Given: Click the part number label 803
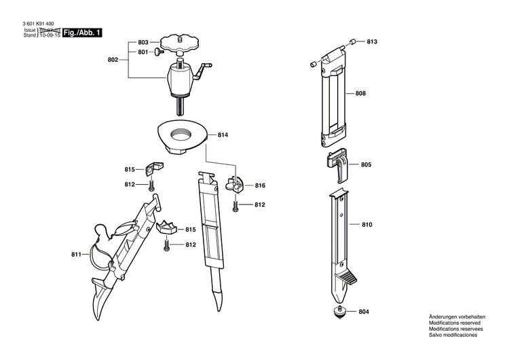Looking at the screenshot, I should [x=143, y=42].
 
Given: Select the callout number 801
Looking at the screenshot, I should [x=143, y=52].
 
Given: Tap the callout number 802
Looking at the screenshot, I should [x=113, y=60].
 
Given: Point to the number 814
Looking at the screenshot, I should [x=223, y=135].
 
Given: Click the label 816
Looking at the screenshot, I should [x=260, y=185].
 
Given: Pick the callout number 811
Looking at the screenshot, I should [x=76, y=255].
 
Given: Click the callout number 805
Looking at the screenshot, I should [x=366, y=165].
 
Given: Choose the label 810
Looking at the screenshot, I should [x=367, y=224].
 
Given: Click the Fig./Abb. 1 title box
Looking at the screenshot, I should [x=83, y=33].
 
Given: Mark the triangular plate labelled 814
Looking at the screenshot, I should [x=182, y=132].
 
